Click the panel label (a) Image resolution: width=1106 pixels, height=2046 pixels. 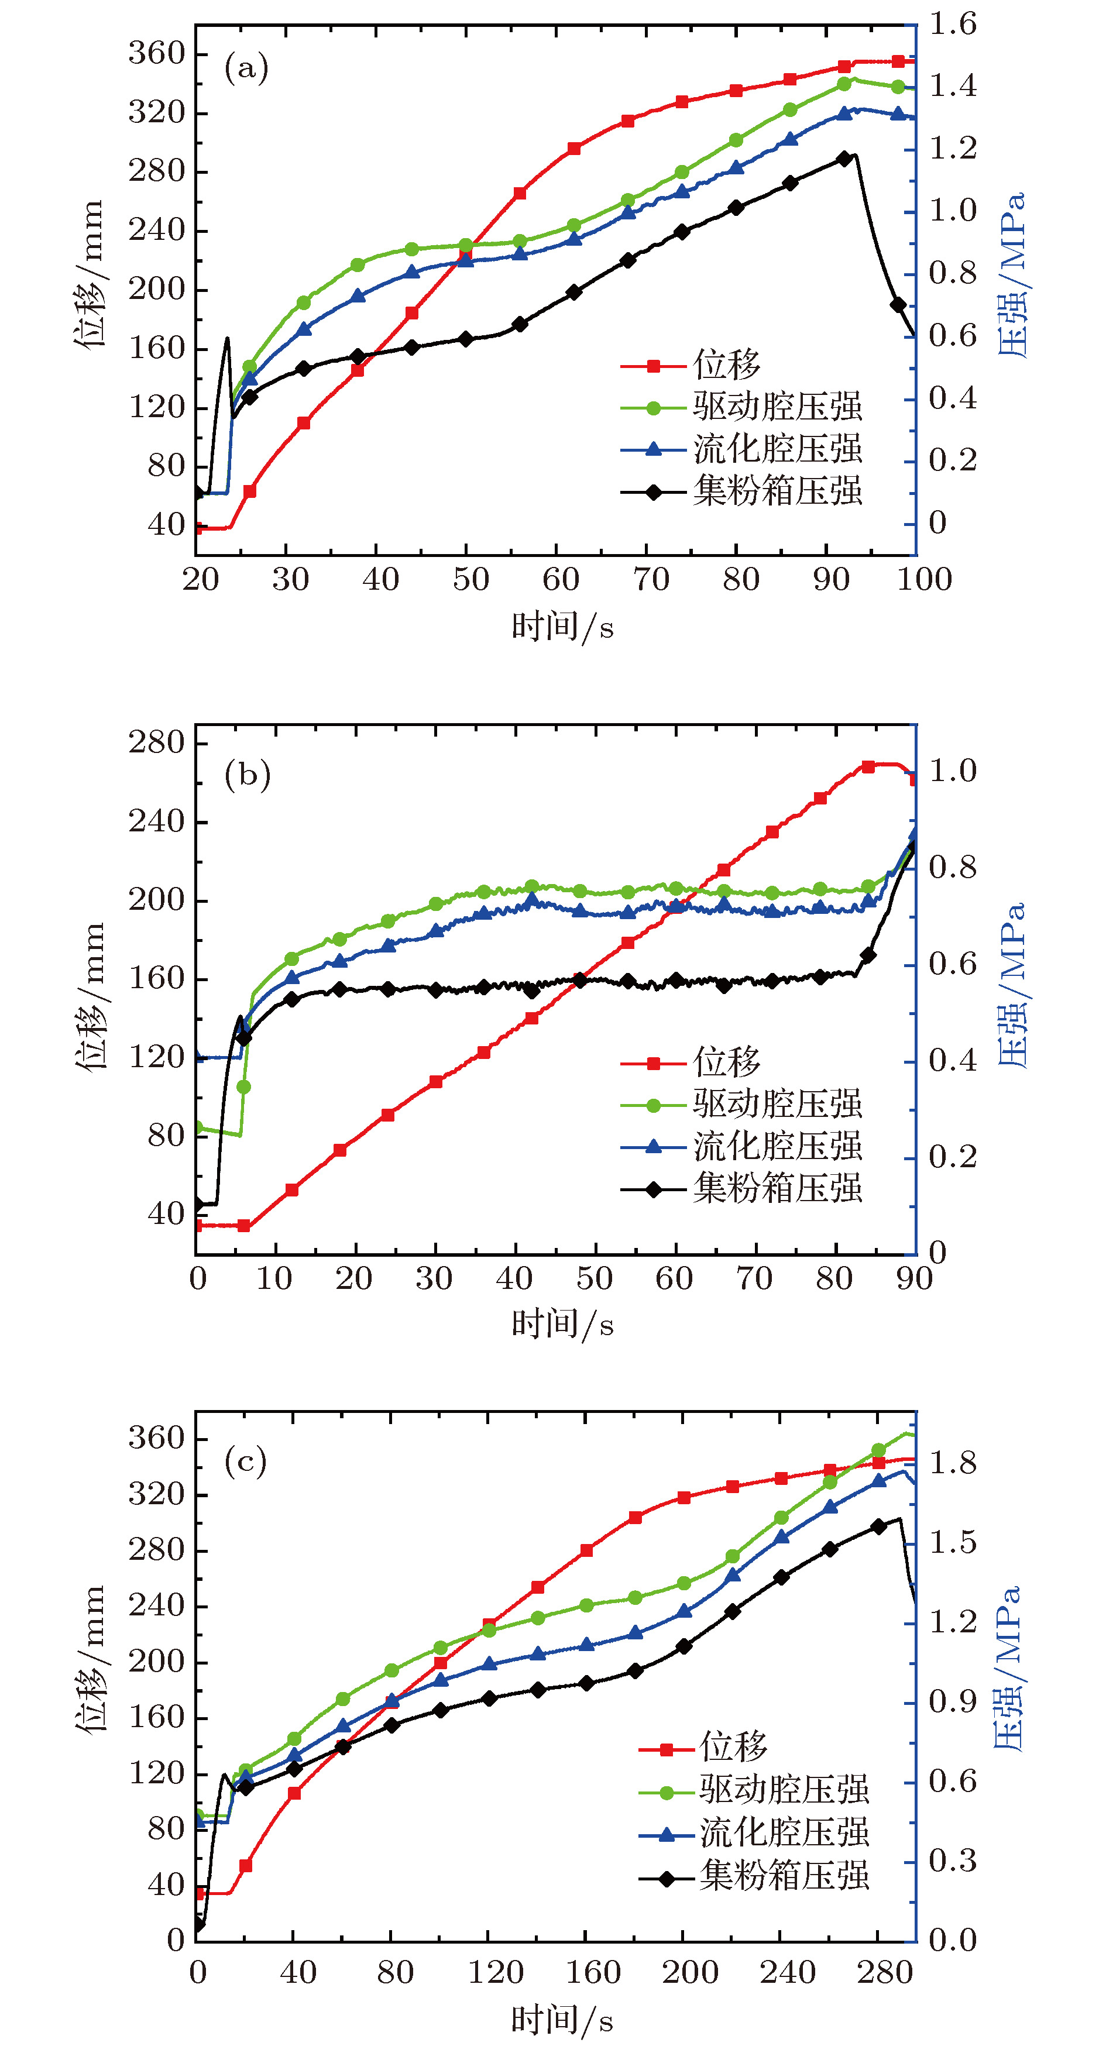246,68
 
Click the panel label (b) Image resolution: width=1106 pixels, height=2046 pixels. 247,773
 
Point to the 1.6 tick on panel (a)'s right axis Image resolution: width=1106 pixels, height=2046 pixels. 953,25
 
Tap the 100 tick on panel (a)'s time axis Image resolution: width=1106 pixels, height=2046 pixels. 925,580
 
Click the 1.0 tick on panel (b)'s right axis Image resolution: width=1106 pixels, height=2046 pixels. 953,771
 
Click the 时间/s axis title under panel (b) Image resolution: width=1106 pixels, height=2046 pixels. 562,1324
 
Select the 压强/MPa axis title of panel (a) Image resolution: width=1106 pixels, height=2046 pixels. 1011,274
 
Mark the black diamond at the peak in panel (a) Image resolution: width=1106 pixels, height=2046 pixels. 844,159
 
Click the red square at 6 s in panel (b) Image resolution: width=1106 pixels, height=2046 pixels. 244,1226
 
